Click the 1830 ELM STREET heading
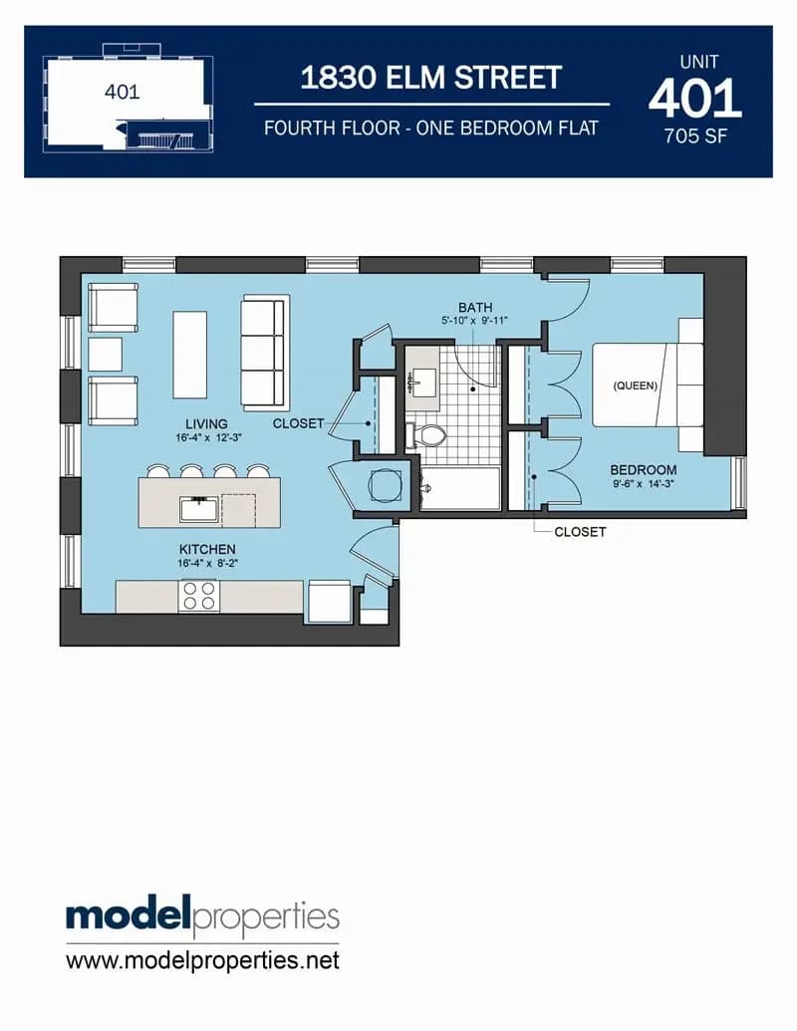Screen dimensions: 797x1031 coord(430,78)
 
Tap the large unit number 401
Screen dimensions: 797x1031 coord(695,99)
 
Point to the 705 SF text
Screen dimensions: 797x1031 coord(695,135)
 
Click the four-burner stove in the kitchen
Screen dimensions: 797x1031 coord(198,596)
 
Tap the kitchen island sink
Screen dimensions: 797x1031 coord(198,510)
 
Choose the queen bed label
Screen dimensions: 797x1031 coord(636,386)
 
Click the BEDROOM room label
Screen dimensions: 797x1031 coord(644,469)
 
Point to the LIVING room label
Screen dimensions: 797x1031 coord(206,424)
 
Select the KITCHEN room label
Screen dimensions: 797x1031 coord(207,549)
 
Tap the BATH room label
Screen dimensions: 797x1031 coord(475,307)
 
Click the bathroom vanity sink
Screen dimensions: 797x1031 coord(422,380)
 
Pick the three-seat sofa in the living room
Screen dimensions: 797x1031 coord(264,353)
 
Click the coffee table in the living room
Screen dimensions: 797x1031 coord(190,355)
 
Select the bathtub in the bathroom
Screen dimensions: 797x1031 coord(459,488)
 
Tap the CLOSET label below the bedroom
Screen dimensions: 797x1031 coord(580,532)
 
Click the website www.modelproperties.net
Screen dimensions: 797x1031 coord(202,960)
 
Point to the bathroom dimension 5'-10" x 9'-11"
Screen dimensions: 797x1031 coord(475,321)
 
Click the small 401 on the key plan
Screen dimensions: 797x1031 coord(123,92)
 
